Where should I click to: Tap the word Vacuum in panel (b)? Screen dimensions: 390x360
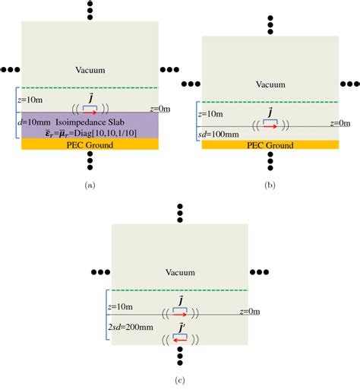(271, 84)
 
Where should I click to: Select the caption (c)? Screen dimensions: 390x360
(181, 379)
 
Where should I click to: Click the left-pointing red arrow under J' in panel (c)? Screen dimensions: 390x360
(181, 340)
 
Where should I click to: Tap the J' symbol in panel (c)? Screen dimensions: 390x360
(182, 328)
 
